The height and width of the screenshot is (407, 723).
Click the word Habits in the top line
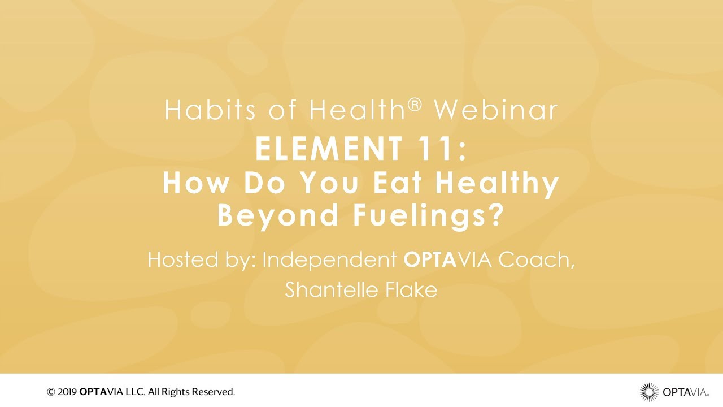pos(211,110)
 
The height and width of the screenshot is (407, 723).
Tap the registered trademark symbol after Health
pos(415,105)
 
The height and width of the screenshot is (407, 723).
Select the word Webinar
pos(496,110)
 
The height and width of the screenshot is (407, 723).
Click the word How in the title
pos(195,183)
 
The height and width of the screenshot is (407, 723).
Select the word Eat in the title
pos(397,183)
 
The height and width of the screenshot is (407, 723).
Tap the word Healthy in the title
pos(497,185)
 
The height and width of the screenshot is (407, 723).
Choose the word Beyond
pos(278,217)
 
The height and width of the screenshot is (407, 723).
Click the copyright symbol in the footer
pos(51,392)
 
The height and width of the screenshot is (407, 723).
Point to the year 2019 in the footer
pos(67,392)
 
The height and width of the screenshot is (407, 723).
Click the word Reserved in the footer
pos(214,392)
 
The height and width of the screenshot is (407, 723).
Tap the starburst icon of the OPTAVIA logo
pos(649,392)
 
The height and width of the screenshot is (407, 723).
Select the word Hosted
pos(182,259)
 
